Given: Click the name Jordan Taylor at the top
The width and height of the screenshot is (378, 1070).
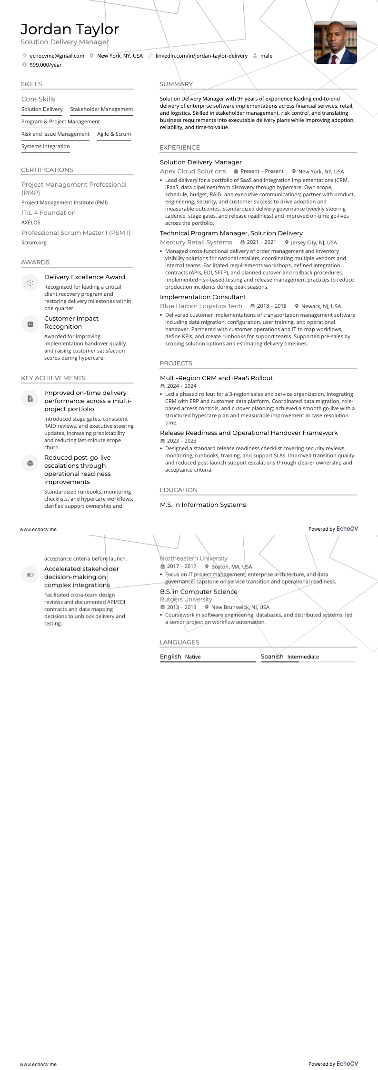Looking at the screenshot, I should tap(70, 30).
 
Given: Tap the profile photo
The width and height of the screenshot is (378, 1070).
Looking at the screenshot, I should tap(335, 42).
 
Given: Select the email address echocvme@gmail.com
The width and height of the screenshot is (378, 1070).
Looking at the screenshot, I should tap(57, 56).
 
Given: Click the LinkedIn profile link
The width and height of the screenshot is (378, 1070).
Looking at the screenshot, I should tap(201, 56).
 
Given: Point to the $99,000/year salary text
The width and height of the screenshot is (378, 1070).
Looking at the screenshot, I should tap(45, 65).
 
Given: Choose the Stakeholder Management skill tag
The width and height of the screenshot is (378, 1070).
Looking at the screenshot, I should tap(101, 109).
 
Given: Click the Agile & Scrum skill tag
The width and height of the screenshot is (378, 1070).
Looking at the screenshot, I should tap(114, 134).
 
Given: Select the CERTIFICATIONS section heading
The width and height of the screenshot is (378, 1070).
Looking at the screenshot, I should tap(47, 170).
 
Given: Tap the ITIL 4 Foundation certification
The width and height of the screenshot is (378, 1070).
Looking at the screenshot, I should tap(49, 213).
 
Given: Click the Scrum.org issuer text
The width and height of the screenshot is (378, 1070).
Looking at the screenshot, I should tap(34, 242).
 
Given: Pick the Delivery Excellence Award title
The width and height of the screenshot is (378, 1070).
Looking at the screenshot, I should tap(84, 277).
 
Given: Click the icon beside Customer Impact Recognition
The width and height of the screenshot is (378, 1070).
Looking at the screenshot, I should tap(30, 324).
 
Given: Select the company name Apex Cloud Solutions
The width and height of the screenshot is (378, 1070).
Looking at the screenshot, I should tap(193, 172).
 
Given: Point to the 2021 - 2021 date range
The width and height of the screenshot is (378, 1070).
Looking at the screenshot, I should tap(261, 242).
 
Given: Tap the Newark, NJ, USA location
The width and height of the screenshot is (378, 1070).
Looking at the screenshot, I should tap(321, 306).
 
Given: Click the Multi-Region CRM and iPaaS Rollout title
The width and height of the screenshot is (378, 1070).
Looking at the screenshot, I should tap(216, 378).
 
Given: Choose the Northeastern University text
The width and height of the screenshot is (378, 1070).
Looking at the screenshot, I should tap(194, 558).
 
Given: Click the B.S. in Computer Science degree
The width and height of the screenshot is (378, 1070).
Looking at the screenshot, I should tap(199, 592).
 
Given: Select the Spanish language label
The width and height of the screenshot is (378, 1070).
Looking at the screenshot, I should tap(272, 656).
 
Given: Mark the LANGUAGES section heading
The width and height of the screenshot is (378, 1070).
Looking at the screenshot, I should tap(179, 642).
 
